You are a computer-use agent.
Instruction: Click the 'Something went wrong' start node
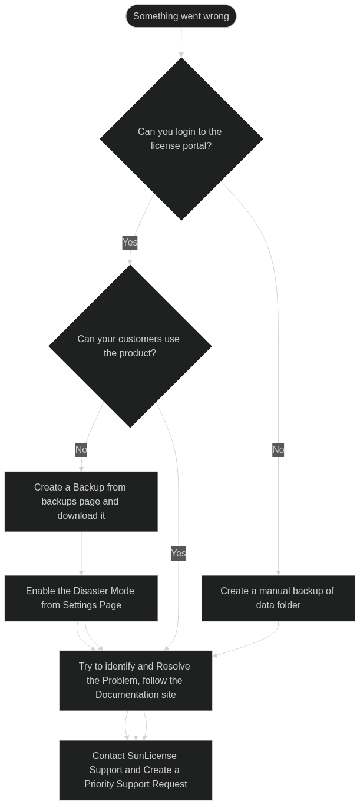click(x=181, y=16)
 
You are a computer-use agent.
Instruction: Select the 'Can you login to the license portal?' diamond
click(x=181, y=139)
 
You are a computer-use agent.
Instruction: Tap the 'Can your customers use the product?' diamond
click(x=130, y=346)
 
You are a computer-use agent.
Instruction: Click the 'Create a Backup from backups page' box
click(x=81, y=501)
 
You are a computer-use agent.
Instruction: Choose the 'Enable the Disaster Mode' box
click(x=81, y=598)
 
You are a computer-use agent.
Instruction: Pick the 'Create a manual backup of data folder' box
click(x=278, y=598)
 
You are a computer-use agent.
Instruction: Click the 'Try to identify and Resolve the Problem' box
click(x=136, y=680)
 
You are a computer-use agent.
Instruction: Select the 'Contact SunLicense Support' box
click(x=136, y=770)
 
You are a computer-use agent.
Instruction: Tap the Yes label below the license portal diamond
click(x=130, y=243)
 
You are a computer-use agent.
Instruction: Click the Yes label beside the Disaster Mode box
click(x=179, y=554)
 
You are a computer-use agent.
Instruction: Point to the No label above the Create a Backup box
click(x=81, y=449)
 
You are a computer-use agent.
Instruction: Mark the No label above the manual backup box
click(x=278, y=449)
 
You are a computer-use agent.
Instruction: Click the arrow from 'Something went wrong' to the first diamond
click(x=181, y=42)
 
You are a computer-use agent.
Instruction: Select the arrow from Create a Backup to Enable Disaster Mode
click(x=81, y=554)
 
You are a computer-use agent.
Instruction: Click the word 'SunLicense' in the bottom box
click(x=153, y=756)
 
